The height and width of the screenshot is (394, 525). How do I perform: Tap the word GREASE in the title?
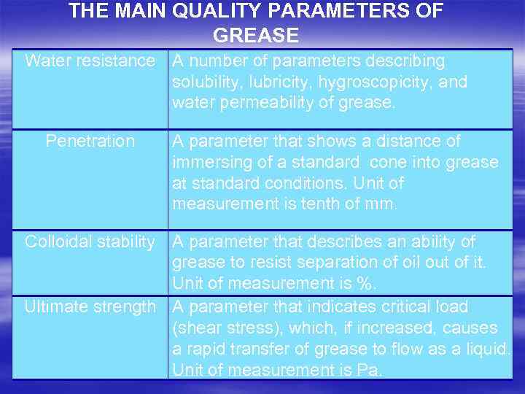coord(256,35)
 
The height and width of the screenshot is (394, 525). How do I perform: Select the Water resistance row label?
coord(90,61)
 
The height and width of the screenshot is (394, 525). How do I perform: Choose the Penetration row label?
coord(90,141)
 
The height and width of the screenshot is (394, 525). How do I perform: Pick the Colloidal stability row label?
coord(90,242)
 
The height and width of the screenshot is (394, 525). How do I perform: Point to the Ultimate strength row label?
coord(90,307)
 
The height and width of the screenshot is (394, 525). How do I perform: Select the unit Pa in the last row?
coord(367,371)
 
